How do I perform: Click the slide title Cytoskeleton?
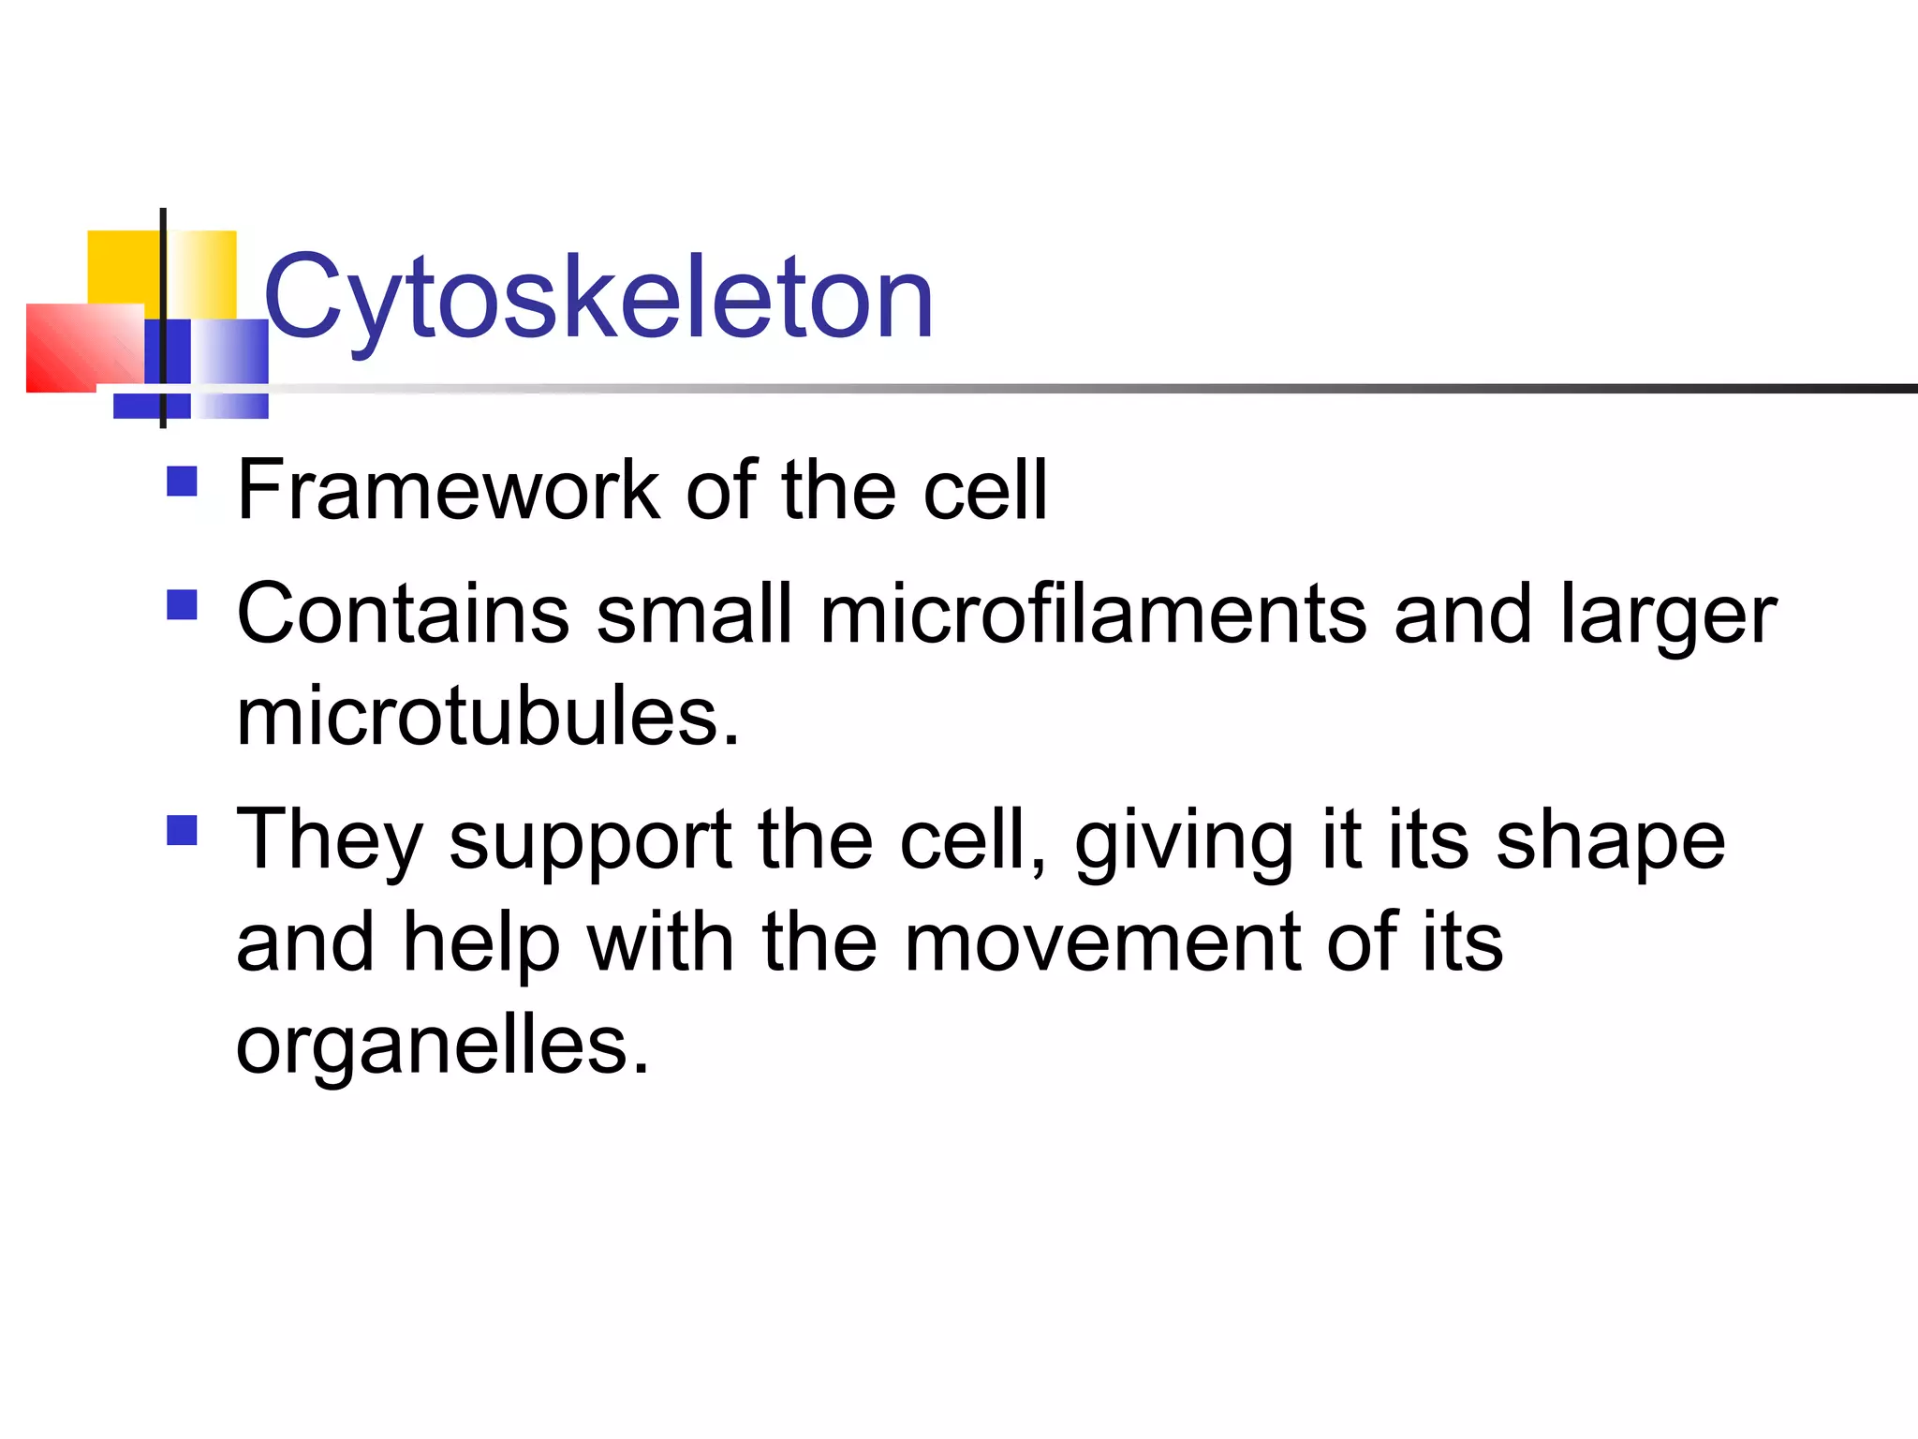pyautogui.click(x=599, y=298)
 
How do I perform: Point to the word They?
pyautogui.click(x=330, y=841)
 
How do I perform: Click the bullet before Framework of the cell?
pyautogui.click(x=182, y=482)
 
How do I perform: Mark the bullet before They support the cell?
pyautogui.click(x=182, y=830)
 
